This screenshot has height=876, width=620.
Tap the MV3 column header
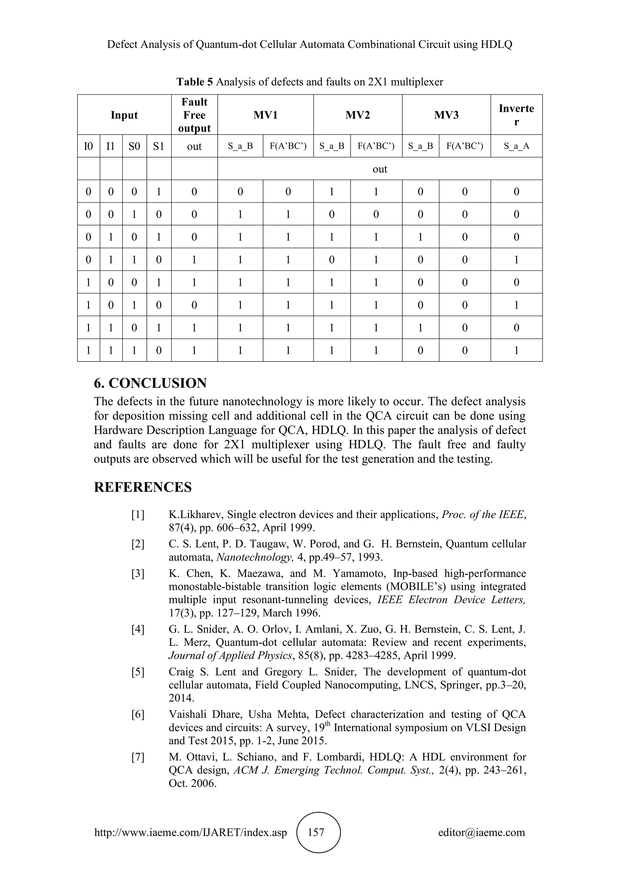tap(446, 115)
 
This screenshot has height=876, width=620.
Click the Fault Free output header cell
tap(194, 115)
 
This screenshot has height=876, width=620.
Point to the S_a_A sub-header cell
tap(516, 146)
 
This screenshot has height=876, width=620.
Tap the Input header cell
tap(124, 115)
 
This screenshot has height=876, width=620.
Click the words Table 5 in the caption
tap(194, 82)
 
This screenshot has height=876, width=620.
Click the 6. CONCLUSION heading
tap(150, 383)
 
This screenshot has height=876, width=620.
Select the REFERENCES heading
tap(143, 487)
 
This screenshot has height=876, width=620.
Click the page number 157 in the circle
tap(316, 832)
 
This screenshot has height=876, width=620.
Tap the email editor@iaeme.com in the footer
tap(481, 832)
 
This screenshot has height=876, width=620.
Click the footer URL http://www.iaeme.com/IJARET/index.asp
tap(190, 832)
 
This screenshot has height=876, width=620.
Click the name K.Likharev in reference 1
tap(196, 515)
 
